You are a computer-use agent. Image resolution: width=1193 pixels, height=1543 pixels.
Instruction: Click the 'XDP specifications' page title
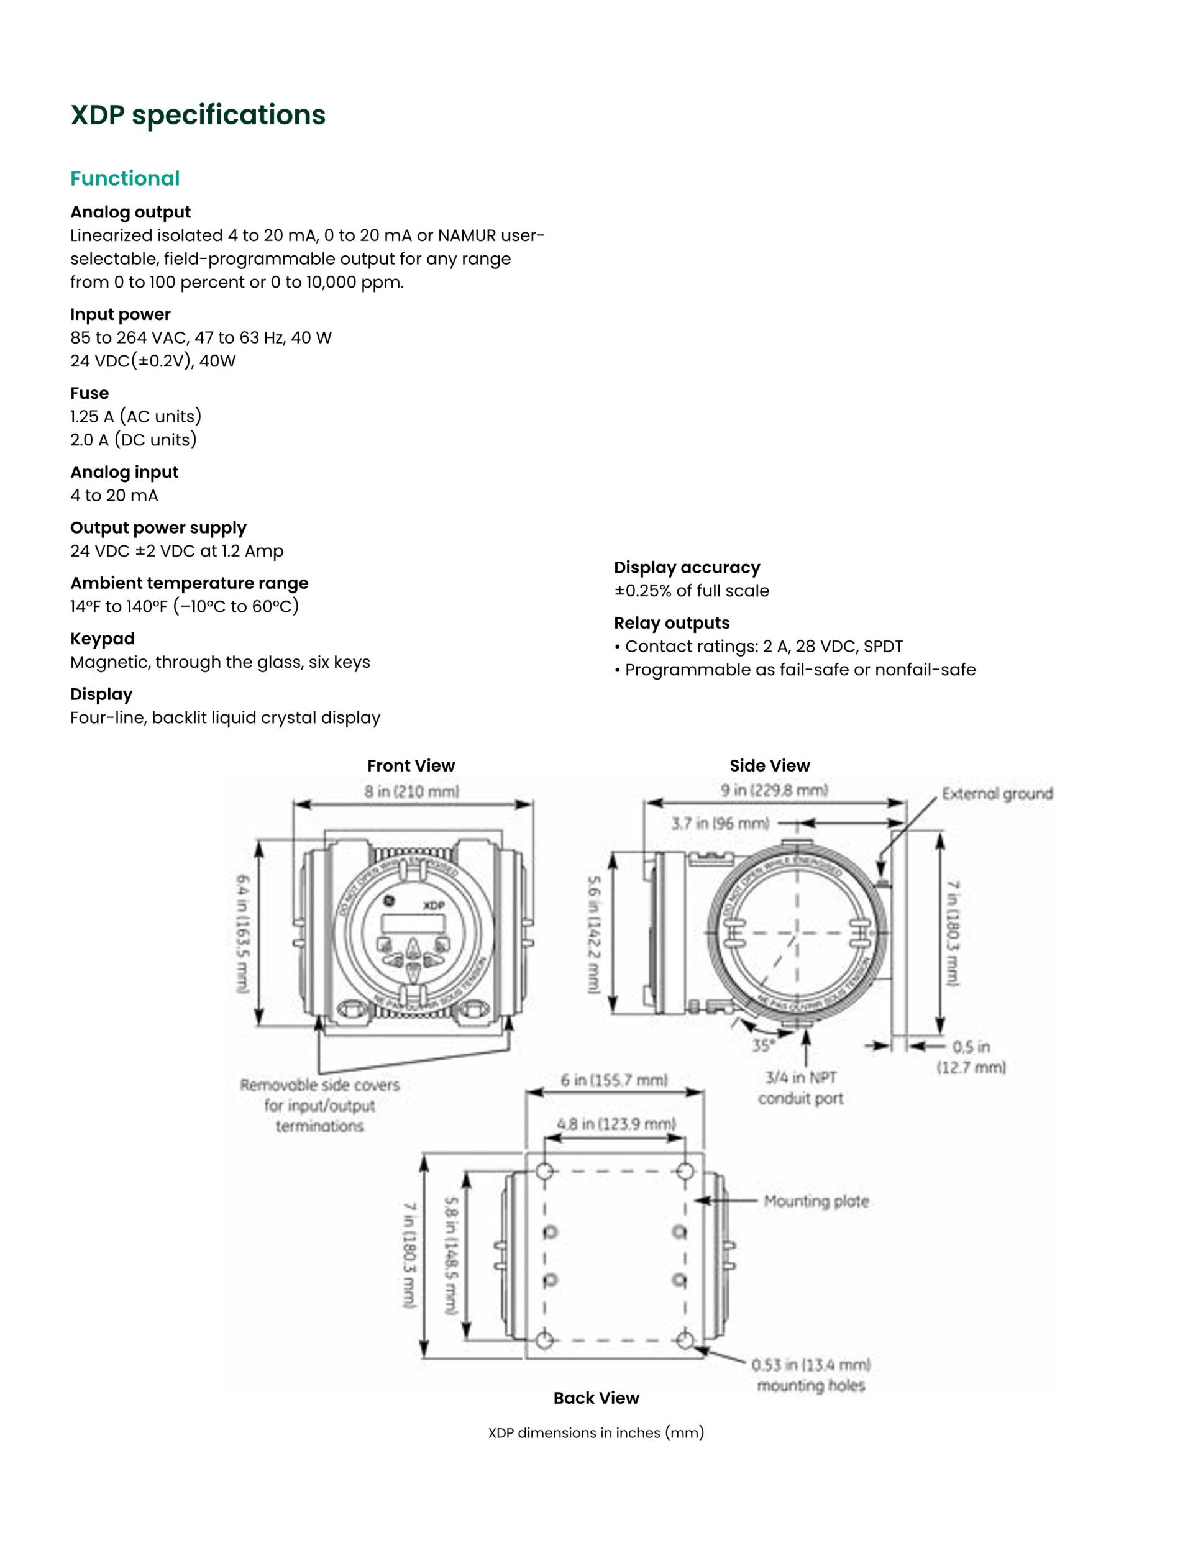tap(198, 115)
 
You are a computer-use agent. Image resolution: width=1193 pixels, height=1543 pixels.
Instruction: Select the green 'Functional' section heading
tap(125, 179)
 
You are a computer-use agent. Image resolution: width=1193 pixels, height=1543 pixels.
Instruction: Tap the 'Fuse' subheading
tap(89, 394)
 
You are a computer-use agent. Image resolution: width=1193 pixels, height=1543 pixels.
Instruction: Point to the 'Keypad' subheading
tap(103, 639)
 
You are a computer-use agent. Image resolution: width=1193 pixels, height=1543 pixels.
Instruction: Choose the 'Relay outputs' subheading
tap(672, 623)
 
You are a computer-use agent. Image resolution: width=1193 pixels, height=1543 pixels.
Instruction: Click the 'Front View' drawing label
tap(411, 766)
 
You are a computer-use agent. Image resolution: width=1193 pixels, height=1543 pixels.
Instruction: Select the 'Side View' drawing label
tap(770, 766)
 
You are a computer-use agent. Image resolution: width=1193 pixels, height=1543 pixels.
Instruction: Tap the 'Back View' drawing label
tap(596, 1398)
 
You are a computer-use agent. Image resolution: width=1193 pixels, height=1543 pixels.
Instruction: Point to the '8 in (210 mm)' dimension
tap(412, 791)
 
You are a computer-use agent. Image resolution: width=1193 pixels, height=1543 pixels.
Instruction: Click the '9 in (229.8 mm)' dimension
tap(775, 790)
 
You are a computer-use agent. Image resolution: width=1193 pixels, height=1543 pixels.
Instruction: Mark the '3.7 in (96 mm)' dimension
tap(720, 824)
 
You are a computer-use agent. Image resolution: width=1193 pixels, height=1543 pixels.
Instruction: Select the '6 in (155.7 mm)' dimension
tap(614, 1080)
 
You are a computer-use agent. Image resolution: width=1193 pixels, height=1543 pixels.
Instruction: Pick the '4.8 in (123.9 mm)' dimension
tap(616, 1124)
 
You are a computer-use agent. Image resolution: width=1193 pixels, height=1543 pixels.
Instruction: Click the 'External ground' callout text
tap(997, 794)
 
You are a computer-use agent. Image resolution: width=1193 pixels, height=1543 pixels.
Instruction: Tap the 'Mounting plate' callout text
tap(816, 1202)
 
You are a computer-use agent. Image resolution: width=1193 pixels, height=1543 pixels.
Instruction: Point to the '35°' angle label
tap(763, 1045)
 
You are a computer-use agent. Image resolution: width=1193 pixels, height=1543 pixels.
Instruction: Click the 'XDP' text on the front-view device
tap(433, 906)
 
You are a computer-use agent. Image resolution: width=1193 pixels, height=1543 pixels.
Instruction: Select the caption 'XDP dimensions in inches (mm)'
tap(596, 1433)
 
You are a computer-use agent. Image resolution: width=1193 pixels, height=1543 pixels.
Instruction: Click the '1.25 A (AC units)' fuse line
tap(135, 417)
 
